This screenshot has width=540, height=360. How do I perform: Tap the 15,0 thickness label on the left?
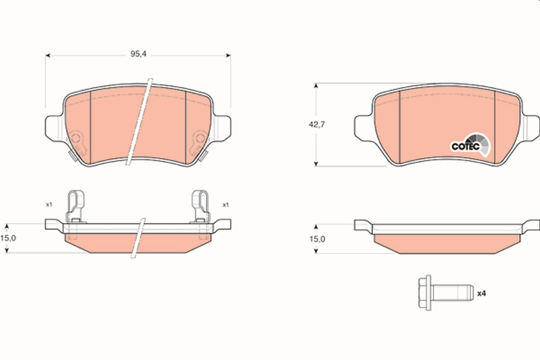9,238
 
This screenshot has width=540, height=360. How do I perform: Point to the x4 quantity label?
481,293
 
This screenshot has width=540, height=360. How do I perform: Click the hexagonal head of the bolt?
424,293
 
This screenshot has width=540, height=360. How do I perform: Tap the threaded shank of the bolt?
452,293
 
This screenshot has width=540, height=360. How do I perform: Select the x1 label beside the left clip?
49,205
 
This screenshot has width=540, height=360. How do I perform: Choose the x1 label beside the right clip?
225,205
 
